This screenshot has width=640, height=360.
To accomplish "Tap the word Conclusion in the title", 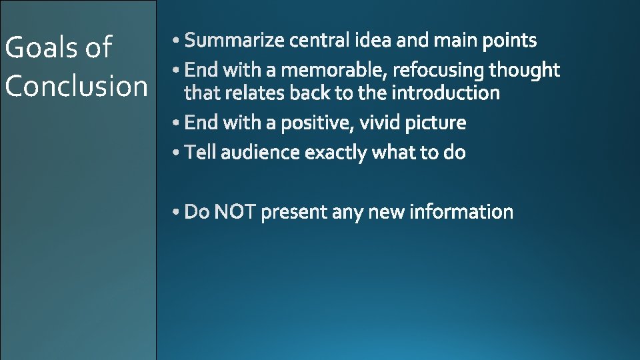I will [76, 86].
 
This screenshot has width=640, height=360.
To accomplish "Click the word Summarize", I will [235, 41].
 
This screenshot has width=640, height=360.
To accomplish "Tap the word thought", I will [525, 70].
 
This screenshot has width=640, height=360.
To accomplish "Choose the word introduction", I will [445, 93].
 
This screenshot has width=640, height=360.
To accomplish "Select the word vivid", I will [380, 123].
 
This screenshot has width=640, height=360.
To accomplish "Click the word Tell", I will [200, 153].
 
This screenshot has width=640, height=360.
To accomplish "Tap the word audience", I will [260, 153].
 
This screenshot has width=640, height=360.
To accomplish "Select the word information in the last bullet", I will [461, 213].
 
